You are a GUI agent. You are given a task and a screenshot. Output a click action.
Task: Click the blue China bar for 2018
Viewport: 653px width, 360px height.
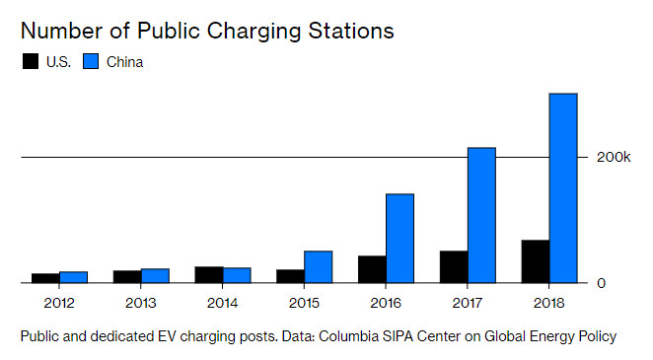point(563,188)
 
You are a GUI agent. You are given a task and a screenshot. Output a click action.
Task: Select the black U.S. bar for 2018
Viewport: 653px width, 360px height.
point(536,261)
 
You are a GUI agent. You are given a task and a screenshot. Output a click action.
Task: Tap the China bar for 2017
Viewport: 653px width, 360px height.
point(481,215)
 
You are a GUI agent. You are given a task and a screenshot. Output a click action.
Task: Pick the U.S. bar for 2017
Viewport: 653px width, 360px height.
point(454,266)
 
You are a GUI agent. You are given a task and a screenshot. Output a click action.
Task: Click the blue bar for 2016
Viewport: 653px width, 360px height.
point(400,239)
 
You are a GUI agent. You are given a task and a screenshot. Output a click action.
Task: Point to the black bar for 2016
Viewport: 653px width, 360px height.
point(372,269)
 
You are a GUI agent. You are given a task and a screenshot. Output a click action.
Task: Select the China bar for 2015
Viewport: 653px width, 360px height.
point(319,266)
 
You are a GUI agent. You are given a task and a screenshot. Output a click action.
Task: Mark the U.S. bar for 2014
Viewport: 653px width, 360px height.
point(209,274)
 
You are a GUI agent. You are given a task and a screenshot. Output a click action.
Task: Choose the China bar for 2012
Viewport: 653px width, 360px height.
point(73,277)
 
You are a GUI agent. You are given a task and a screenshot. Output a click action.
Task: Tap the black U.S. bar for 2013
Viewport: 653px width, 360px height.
point(127,277)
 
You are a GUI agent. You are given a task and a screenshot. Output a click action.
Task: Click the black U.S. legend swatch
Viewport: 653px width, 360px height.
point(31,61)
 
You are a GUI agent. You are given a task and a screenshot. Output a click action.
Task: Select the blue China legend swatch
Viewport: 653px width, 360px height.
point(91,61)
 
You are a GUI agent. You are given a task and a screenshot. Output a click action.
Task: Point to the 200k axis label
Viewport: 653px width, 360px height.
point(614,157)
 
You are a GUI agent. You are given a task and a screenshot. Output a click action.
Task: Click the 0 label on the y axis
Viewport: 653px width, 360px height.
point(601,283)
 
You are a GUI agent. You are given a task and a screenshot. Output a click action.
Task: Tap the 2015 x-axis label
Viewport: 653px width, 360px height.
point(304,303)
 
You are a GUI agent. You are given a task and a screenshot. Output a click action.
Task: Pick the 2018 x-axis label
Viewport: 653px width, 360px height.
point(548,303)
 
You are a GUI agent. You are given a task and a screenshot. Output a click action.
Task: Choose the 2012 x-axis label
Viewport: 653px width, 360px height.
point(59,303)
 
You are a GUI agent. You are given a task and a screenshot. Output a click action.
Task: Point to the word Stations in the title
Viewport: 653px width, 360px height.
point(351,31)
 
